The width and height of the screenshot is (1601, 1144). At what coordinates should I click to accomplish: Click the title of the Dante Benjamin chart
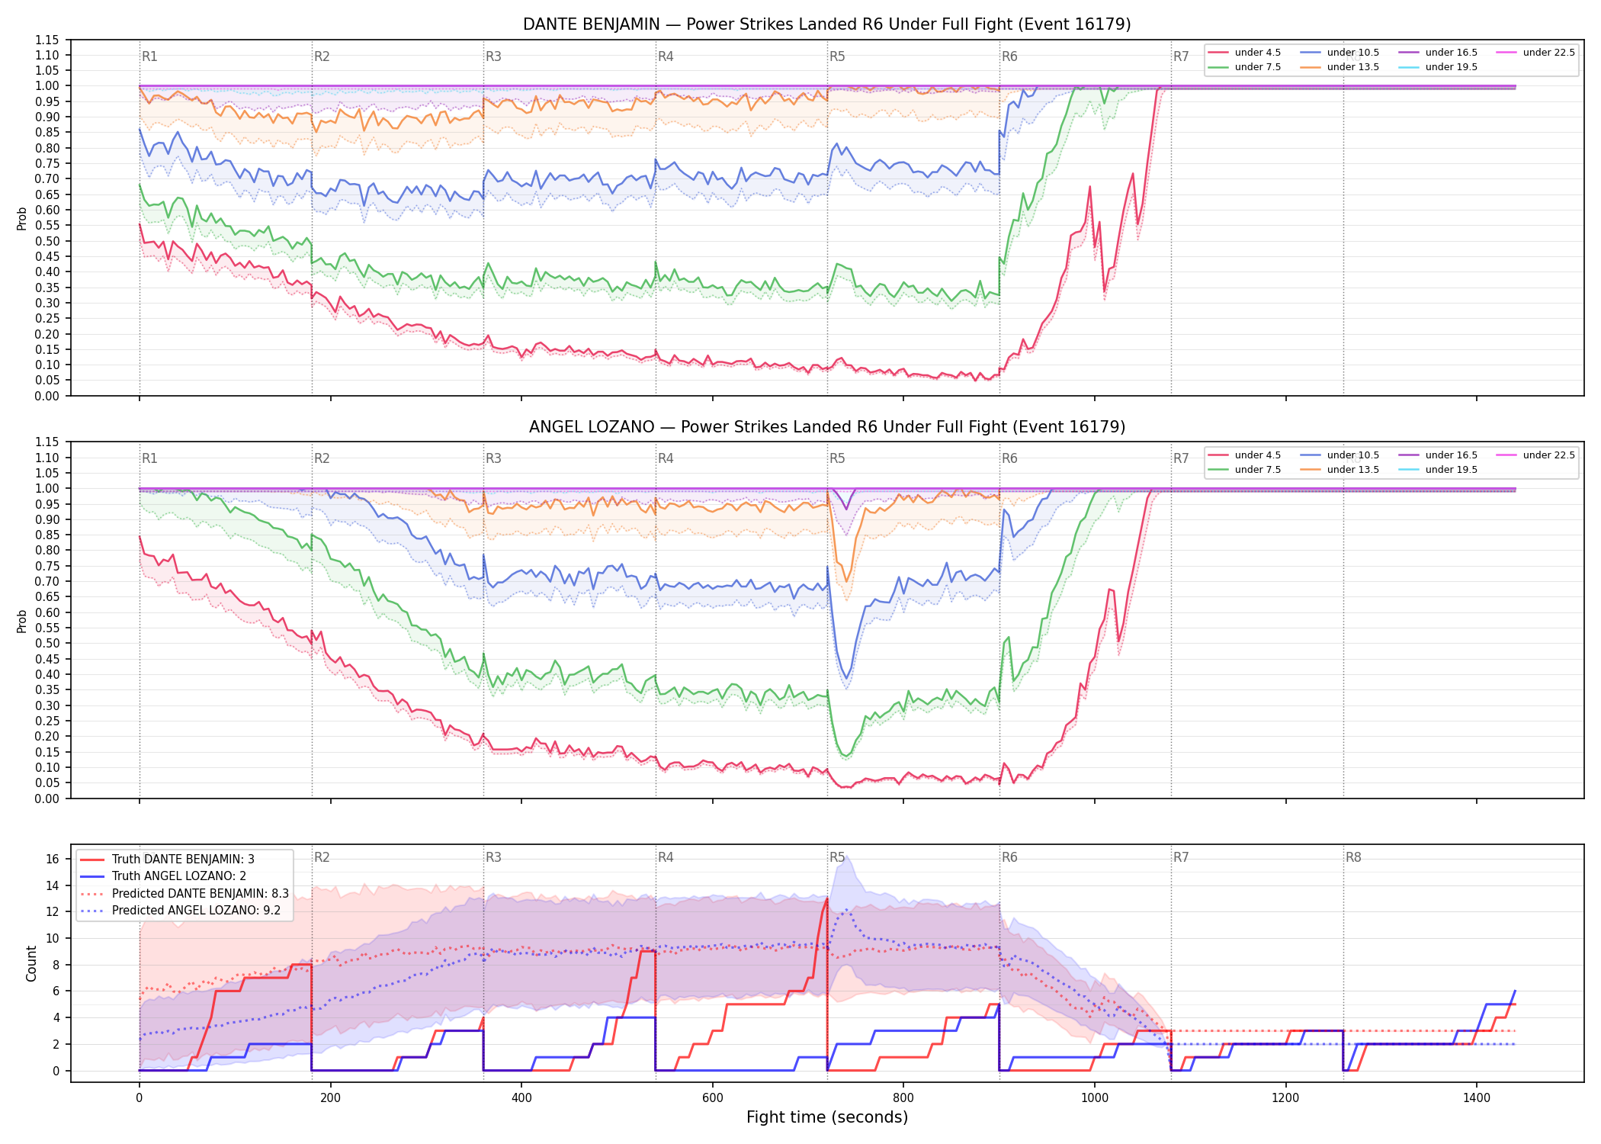[826, 24]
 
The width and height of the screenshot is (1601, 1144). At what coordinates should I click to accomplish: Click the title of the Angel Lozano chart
[826, 427]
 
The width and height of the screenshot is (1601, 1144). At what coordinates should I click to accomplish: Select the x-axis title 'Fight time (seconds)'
[827, 1117]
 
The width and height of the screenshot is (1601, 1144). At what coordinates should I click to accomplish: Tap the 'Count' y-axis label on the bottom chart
[31, 963]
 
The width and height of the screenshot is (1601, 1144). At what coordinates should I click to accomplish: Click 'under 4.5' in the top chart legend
[1258, 53]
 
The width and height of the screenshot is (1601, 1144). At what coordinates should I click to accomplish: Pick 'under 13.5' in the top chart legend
[1353, 67]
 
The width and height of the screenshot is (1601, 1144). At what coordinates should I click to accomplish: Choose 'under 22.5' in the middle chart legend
[1549, 455]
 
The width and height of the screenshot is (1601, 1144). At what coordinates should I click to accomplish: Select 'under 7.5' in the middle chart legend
[1258, 470]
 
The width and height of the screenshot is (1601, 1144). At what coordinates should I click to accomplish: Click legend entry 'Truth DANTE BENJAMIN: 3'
[183, 860]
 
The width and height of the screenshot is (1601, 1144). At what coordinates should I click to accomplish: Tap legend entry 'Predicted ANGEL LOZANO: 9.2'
[196, 911]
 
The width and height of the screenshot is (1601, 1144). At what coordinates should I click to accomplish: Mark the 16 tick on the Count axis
[53, 859]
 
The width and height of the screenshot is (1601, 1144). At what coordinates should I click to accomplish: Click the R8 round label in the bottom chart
[1353, 857]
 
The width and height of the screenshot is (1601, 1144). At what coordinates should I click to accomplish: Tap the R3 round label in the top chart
[493, 56]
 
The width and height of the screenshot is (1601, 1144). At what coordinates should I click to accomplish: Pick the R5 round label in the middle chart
[837, 458]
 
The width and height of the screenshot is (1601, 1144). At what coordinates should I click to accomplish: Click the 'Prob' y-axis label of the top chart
[22, 219]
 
